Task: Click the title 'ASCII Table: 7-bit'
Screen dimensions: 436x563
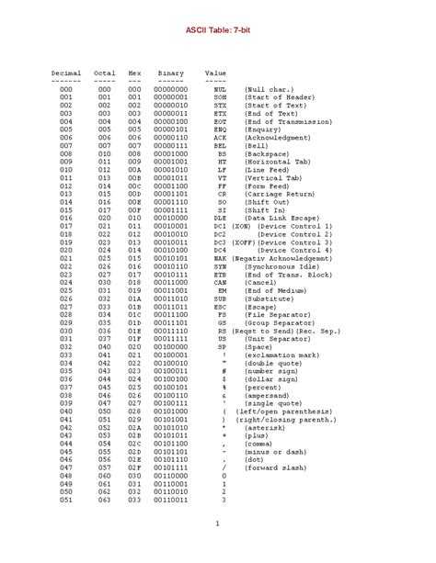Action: tap(218, 29)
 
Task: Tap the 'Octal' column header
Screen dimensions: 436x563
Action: tap(105, 71)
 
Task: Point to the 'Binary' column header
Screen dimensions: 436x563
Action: tap(170, 71)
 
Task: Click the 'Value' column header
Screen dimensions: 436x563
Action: tap(215, 71)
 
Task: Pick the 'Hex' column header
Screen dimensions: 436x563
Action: tap(134, 71)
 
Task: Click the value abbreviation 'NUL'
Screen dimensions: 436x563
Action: tap(220, 89)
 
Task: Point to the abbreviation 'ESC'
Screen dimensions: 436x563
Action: tap(220, 306)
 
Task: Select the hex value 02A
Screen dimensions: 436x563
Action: tap(134, 426)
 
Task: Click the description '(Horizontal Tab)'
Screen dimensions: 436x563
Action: tap(281, 162)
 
